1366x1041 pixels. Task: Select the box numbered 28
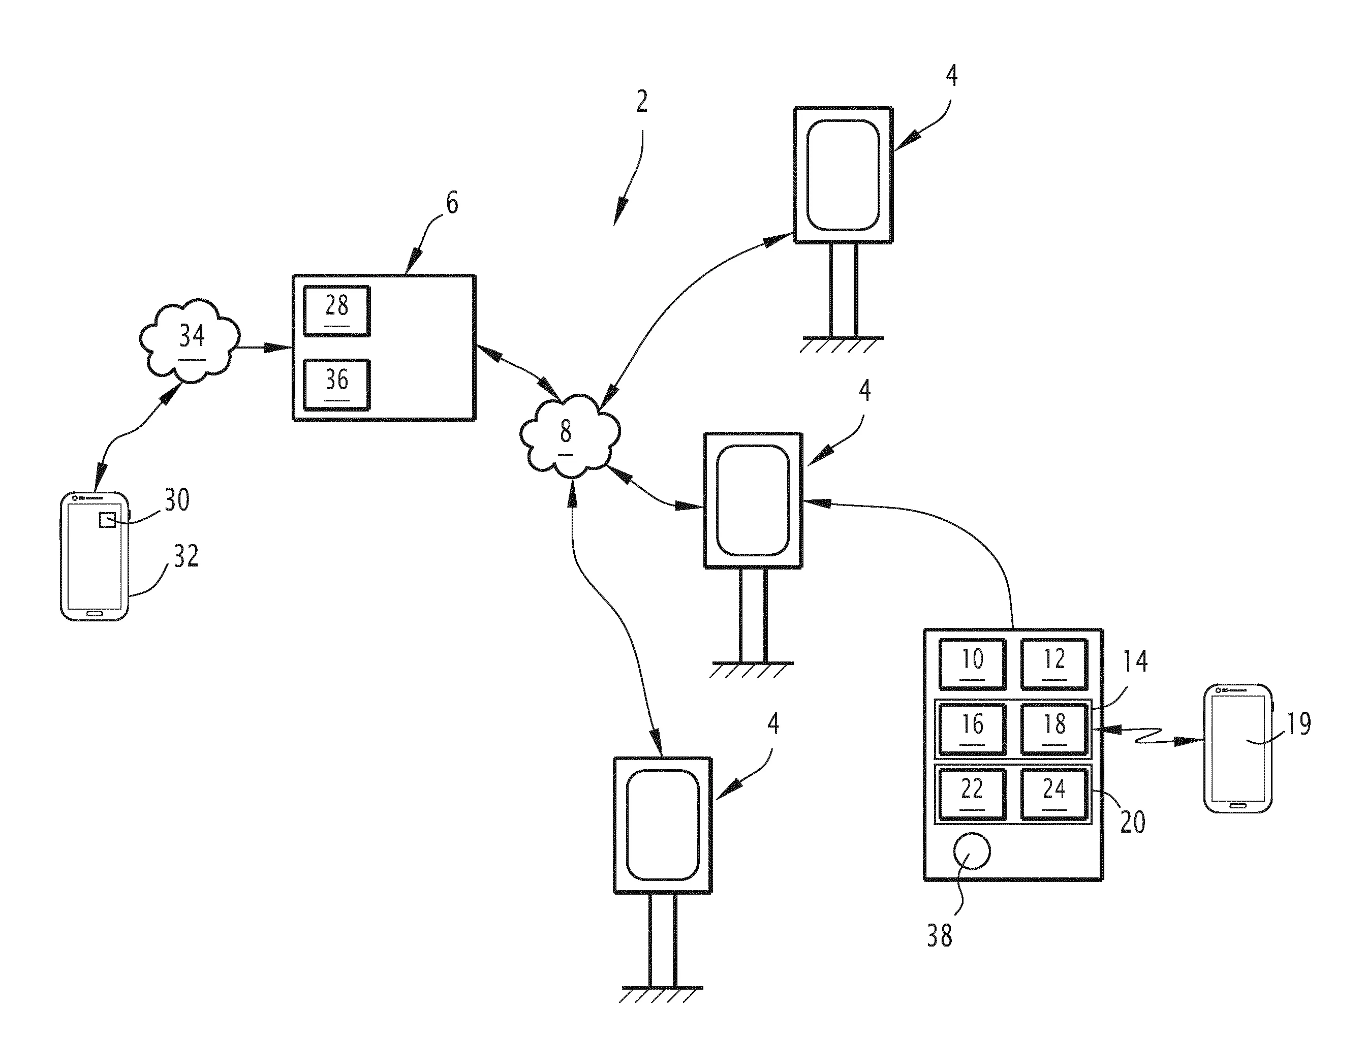pos(336,311)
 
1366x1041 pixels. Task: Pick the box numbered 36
pos(336,385)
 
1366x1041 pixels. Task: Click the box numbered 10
pos(972,664)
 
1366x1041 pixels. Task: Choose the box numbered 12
pos(1053,664)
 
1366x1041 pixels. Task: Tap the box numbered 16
pos(972,729)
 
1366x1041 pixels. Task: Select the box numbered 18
pos(1053,729)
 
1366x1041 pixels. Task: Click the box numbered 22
pos(972,794)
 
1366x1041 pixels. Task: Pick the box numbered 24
pos(1053,794)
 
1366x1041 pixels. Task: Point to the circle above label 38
pos(971,851)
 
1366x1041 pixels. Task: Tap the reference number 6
pos(452,203)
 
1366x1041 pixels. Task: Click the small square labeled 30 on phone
pos(107,520)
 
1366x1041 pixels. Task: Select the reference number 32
pos(185,556)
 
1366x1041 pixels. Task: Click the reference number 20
pos(1132,822)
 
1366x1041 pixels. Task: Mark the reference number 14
pos(1135,661)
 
